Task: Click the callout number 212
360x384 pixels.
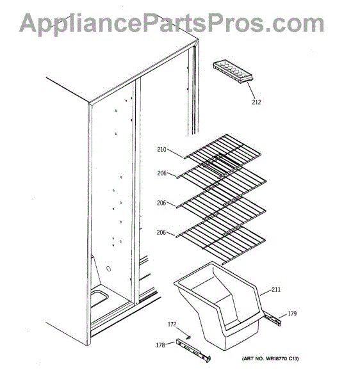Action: (x=256, y=102)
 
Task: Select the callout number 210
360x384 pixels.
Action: (x=161, y=149)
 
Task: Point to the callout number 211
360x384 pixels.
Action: (x=276, y=289)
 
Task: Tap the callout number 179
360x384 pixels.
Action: (x=292, y=314)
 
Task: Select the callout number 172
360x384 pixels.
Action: (x=172, y=324)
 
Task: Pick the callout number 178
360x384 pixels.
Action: (x=160, y=345)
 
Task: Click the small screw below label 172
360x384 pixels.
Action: (x=188, y=337)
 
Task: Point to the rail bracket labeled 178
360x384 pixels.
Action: (x=193, y=351)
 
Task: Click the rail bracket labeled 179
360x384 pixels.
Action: (x=272, y=319)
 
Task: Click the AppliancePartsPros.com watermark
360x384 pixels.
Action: (x=172, y=23)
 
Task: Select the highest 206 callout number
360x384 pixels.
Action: (x=161, y=173)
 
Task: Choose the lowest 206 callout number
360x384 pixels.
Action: (x=161, y=232)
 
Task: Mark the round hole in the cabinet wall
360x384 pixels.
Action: (x=108, y=269)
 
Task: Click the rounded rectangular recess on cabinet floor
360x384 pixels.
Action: (x=99, y=298)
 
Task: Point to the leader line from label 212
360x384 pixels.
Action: (x=251, y=90)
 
